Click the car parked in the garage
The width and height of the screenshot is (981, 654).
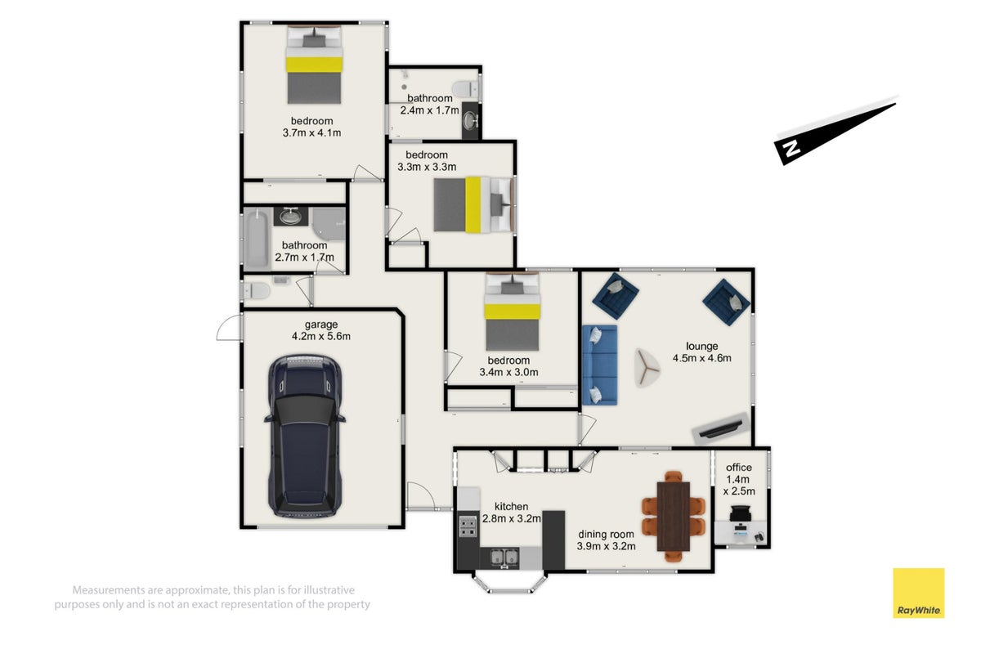coord(305,437)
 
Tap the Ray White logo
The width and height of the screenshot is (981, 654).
coord(918,593)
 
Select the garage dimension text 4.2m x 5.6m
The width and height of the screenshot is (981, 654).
coord(321,336)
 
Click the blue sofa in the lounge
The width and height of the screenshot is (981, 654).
coord(599,365)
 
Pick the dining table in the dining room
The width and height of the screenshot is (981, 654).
coord(674,517)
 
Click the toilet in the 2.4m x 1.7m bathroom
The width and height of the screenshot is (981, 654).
coord(465,89)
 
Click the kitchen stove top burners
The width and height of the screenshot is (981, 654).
coord(468,526)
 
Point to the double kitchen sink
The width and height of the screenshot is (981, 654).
coord(504,558)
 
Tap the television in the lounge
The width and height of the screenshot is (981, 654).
coord(721,429)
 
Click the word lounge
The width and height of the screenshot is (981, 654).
coord(701,346)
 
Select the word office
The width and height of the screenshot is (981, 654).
coord(739,468)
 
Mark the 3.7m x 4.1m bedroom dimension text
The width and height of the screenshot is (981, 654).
coord(311,132)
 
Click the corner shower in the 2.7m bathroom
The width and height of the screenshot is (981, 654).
coord(329,224)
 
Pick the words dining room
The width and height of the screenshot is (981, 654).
coord(606,534)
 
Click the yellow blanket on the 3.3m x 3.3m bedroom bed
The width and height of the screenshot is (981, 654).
coord(473,204)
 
